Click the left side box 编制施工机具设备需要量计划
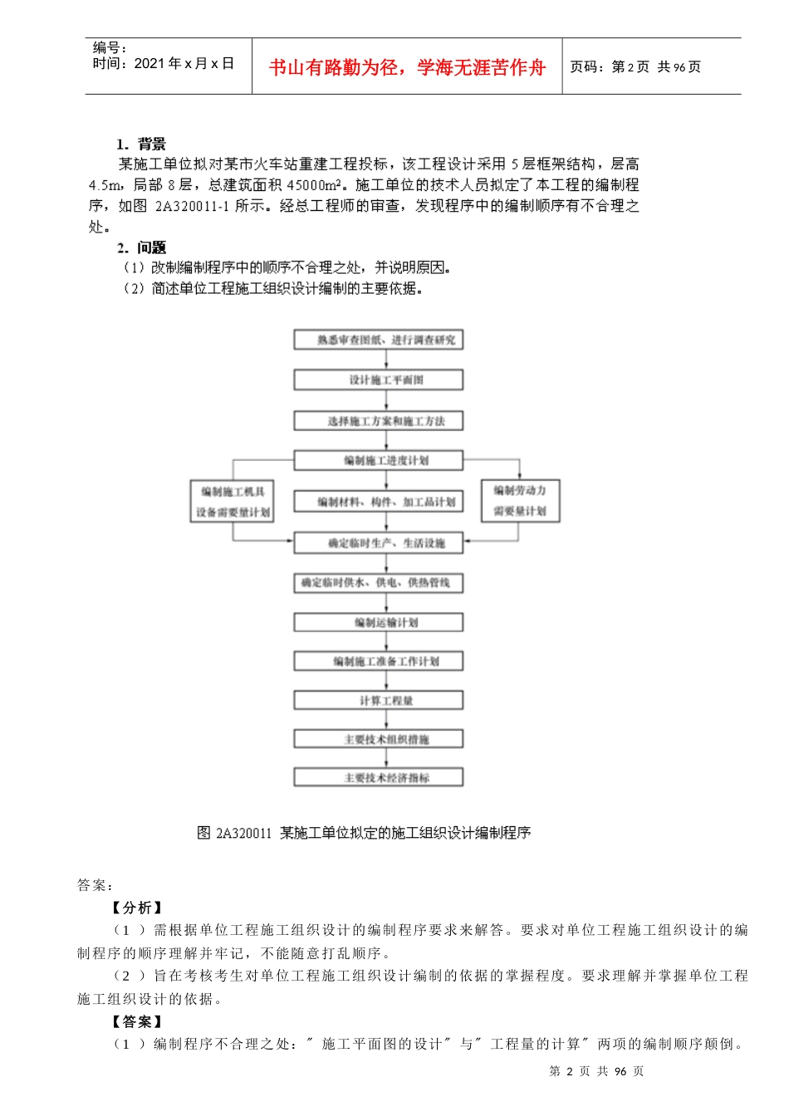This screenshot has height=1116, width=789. pyautogui.click(x=233, y=502)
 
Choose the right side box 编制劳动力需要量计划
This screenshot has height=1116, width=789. pyautogui.click(x=520, y=501)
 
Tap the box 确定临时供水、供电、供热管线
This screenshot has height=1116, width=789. pyautogui.click(x=378, y=583)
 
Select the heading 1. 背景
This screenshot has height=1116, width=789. pyautogui.click(x=141, y=144)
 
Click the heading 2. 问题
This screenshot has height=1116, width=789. pyautogui.click(x=141, y=247)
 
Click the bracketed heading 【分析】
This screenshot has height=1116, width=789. pyautogui.click(x=137, y=908)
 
